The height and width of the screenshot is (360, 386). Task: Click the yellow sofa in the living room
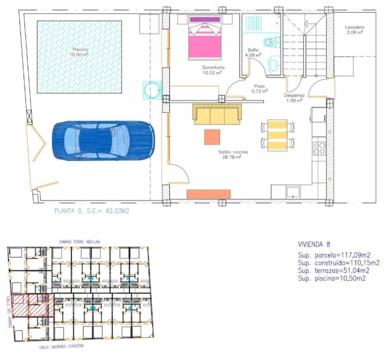(217, 115)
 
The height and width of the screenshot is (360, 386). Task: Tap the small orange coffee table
(212, 137)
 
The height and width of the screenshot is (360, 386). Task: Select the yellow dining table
(277, 135)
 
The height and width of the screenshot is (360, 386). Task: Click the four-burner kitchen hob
(319, 148)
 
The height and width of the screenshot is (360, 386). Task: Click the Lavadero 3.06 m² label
(354, 30)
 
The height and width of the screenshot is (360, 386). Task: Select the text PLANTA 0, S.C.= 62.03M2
(92, 211)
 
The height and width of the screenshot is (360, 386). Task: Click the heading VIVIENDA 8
(314, 244)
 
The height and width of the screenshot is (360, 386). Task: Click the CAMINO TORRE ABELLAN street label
(79, 242)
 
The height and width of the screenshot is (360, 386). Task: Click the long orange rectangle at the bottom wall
(209, 194)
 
